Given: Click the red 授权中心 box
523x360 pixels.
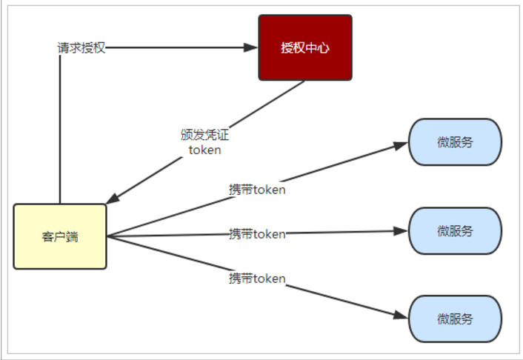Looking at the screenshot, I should click(304, 47).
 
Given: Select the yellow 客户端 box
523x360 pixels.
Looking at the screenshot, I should click(60, 236).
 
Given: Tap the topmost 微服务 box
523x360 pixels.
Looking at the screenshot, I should click(455, 142).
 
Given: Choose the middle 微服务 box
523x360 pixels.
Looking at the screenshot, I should click(455, 230).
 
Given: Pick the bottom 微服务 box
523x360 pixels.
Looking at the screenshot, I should click(455, 319).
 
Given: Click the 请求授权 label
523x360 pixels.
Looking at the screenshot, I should click(81, 47).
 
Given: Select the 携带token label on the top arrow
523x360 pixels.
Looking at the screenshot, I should click(257, 189).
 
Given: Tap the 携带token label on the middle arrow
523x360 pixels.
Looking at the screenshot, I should click(257, 234).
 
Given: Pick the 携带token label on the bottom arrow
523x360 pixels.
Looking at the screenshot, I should click(257, 279).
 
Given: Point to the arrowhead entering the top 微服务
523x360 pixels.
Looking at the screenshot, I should click(402, 144).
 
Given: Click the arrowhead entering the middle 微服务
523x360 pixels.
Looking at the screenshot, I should click(402, 231).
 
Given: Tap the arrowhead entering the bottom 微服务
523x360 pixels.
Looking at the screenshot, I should click(402, 316).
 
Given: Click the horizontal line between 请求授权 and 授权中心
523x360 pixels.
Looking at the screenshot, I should click(178, 47).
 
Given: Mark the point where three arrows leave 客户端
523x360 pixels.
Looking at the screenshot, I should click(108, 236).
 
